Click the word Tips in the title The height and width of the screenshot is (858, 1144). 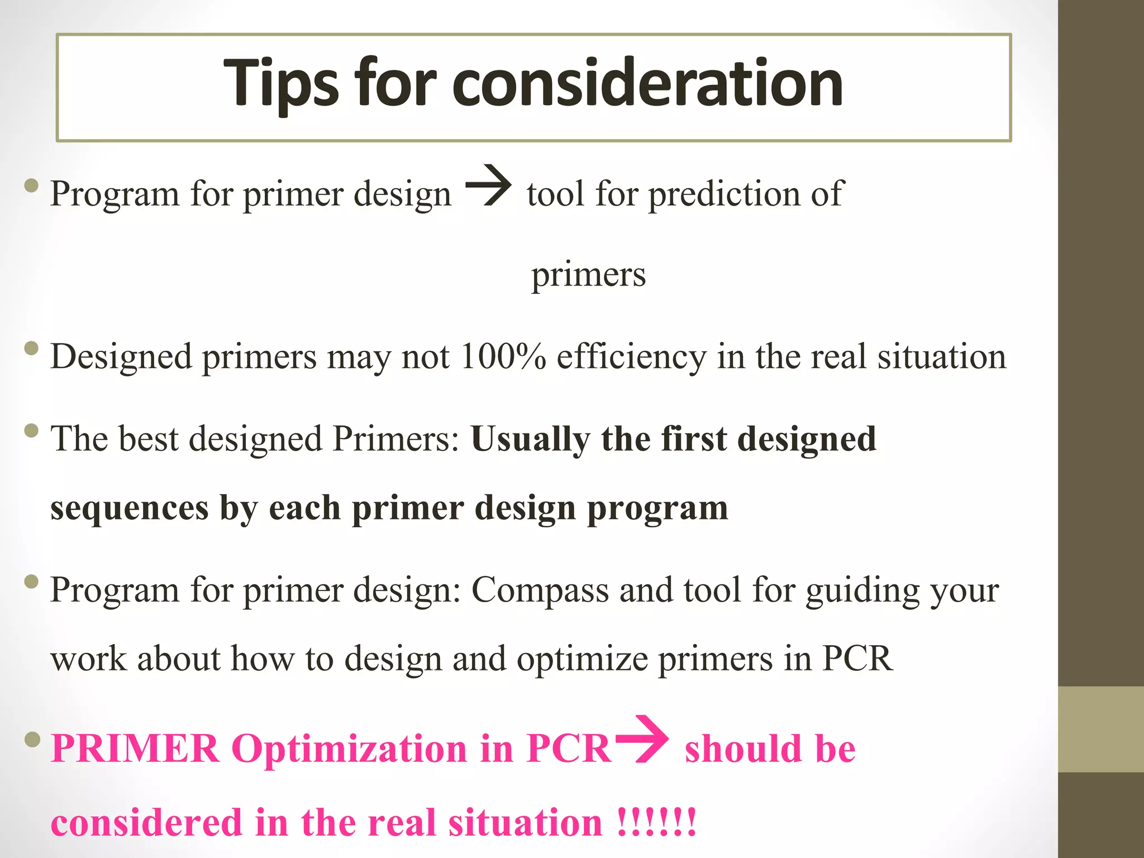tap(281, 84)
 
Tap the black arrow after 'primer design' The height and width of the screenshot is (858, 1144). tap(488, 185)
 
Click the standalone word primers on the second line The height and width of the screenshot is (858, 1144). tap(588, 275)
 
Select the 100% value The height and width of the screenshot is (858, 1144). tap(503, 356)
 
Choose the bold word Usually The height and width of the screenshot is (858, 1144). tap(531, 439)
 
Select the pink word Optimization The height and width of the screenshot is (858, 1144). tap(349, 749)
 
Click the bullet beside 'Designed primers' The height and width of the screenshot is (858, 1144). tap(32, 349)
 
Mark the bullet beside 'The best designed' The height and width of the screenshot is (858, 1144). tap(32, 431)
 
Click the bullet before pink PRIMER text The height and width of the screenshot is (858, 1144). tap(33, 740)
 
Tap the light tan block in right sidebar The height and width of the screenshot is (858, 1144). tap(1101, 730)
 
